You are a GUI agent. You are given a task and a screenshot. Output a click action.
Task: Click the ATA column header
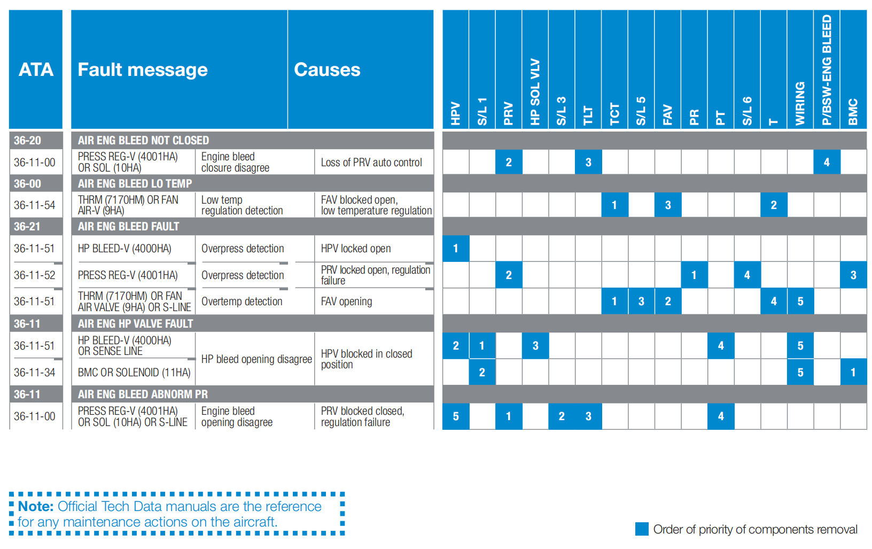(x=36, y=69)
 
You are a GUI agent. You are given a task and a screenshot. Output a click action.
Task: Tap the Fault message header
(x=143, y=69)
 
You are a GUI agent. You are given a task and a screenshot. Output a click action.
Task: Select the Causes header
(x=327, y=69)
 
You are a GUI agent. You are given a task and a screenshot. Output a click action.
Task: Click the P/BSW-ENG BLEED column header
(x=827, y=70)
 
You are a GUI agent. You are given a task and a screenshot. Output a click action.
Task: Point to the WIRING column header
(x=800, y=103)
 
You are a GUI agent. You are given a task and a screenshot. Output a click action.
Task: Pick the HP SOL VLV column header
(x=535, y=91)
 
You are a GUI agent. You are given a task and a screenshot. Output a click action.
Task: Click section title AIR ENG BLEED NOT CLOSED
(x=143, y=141)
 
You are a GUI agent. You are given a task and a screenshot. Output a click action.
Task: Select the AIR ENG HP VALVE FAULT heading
(x=135, y=324)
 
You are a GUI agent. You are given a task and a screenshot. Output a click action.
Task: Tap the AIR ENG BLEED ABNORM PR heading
(x=143, y=395)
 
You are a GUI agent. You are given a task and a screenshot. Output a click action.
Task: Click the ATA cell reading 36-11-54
(x=35, y=205)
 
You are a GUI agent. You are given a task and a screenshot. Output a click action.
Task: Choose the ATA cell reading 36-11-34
(x=35, y=373)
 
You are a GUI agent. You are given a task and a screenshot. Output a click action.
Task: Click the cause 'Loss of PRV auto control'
(x=371, y=163)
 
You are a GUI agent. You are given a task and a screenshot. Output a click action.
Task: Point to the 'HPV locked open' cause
(x=356, y=249)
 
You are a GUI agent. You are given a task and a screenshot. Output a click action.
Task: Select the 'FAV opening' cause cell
(x=346, y=301)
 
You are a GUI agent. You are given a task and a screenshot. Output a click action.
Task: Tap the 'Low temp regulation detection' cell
(x=242, y=205)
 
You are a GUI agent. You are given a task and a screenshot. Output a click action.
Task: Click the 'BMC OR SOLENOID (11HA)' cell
(x=134, y=373)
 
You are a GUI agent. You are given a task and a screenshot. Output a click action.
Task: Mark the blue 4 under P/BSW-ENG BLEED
(x=827, y=163)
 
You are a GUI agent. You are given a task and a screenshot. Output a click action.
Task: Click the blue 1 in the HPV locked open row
(x=456, y=249)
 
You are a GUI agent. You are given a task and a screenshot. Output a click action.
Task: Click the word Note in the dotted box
(x=36, y=506)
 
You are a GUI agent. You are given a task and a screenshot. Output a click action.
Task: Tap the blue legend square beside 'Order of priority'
(x=642, y=529)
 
